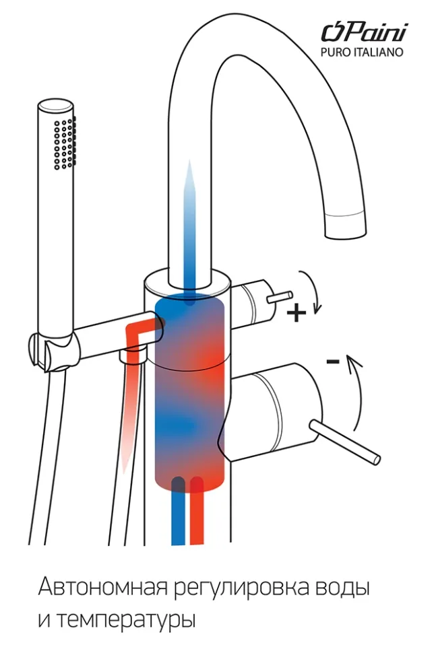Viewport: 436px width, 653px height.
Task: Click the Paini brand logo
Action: point(365,32)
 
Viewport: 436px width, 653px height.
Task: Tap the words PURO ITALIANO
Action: point(362,53)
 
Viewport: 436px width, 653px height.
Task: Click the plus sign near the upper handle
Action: point(297,312)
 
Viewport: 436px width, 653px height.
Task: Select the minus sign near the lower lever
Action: point(333,361)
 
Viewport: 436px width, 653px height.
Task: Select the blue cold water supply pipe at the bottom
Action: point(178,512)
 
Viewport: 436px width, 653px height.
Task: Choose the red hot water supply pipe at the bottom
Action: point(197,512)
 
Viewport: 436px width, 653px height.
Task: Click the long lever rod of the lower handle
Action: point(344,442)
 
